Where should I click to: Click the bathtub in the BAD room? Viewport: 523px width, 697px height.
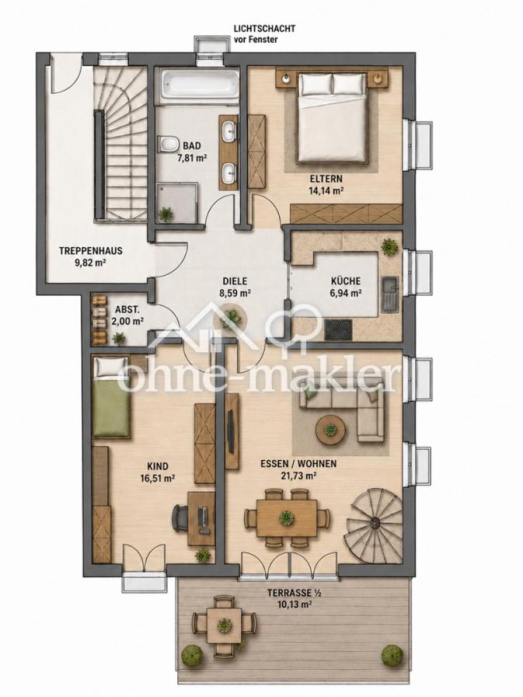[200, 85]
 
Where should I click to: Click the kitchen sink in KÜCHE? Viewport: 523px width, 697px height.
[391, 294]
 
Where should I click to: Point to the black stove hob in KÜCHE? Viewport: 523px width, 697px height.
[339, 329]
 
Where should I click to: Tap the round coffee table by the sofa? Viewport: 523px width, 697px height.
[330, 430]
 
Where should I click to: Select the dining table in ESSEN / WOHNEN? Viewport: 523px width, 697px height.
[287, 517]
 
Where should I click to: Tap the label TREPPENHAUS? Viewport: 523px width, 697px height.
[91, 251]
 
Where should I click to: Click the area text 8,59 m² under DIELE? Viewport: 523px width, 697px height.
[235, 293]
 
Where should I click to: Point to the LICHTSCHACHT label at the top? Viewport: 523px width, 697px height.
[264, 29]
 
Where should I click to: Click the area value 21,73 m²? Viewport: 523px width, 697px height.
[299, 476]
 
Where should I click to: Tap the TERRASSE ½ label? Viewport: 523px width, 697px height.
[294, 592]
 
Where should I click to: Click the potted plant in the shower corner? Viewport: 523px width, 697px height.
[167, 215]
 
